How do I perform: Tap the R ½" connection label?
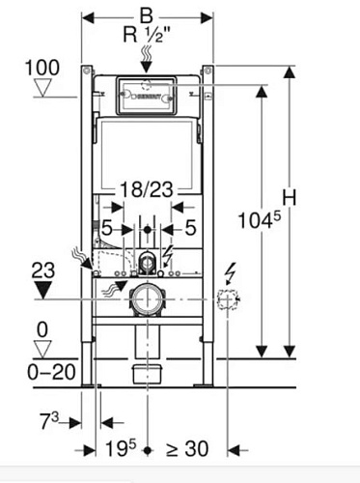147,34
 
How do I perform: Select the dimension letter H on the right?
290,197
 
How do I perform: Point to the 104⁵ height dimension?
260,220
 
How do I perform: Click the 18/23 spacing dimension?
147,189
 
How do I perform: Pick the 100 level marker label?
42,68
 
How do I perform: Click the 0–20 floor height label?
51,372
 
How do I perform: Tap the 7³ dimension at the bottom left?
49,420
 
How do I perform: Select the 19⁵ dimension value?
121,448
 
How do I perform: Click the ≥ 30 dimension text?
187,448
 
